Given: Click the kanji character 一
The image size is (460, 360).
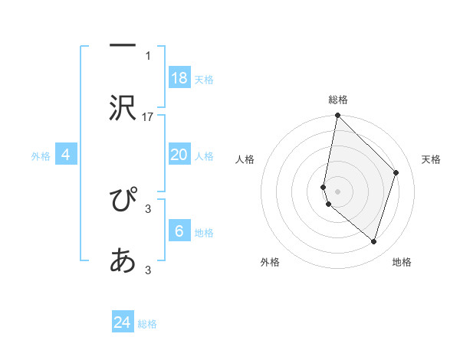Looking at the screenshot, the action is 123,45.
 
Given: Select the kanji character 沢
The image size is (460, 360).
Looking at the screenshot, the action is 123,108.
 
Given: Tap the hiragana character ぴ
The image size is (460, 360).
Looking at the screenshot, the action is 123,198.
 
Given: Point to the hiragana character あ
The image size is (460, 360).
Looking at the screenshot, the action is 123,260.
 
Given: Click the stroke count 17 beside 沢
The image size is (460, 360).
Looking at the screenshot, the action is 147,117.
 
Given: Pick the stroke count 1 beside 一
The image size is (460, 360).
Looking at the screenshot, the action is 148,56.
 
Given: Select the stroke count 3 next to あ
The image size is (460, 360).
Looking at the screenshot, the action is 148,270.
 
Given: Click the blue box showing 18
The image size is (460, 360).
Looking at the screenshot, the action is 180,77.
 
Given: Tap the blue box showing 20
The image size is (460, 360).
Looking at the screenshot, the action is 180,154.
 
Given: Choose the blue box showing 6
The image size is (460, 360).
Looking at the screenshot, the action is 180,230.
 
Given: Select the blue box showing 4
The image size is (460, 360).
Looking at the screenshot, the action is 66,154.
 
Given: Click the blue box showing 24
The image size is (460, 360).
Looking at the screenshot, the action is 123,321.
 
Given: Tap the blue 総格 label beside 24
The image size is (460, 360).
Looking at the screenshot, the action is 147,324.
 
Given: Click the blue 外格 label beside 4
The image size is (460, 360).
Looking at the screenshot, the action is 41,156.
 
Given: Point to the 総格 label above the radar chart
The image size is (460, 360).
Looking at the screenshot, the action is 338,100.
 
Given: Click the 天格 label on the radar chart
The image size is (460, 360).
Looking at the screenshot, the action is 431,159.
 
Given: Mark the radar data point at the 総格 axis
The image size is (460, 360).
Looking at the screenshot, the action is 337,115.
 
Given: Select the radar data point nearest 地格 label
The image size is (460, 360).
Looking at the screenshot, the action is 374,242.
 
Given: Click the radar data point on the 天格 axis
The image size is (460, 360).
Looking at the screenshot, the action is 396,172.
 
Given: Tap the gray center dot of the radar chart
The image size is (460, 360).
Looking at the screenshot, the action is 337,191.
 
